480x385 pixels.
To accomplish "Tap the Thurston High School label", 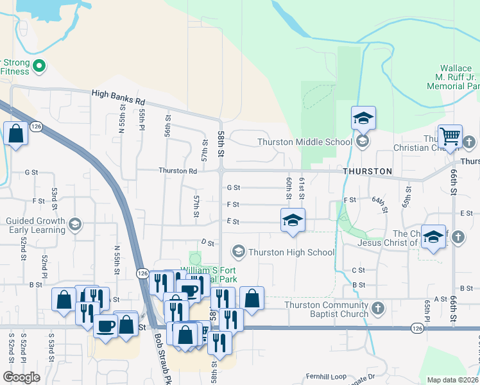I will click(291, 252).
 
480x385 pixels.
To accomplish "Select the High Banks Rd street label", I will click(119, 94).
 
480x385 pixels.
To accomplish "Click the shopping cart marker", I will click(450, 136).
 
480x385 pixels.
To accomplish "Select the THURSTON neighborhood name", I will click(367, 171).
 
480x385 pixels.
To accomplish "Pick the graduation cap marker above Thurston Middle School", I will click(363, 118).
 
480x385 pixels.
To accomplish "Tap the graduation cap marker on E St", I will click(292, 220).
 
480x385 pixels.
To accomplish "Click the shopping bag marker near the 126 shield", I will click(15, 134).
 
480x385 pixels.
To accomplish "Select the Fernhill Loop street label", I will click(325, 377).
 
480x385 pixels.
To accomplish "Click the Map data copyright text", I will click(453, 380).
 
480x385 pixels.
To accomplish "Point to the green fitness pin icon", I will click(39, 65).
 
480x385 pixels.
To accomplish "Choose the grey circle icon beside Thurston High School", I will click(239, 252).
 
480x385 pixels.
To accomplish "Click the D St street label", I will click(207, 243).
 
